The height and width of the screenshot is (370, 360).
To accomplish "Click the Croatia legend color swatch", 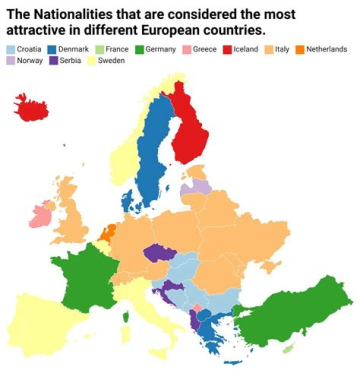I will coord(10,49).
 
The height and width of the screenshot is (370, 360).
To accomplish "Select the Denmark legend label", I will coord(73,49).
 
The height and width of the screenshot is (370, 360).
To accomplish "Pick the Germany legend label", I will coord(160,49).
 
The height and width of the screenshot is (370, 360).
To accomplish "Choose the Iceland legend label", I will coord(245,49).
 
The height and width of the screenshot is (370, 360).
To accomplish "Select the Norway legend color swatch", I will coord(10,61).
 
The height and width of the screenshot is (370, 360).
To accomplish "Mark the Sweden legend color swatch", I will coord(91,61).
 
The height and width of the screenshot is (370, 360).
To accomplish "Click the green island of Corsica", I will coord(125,316).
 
